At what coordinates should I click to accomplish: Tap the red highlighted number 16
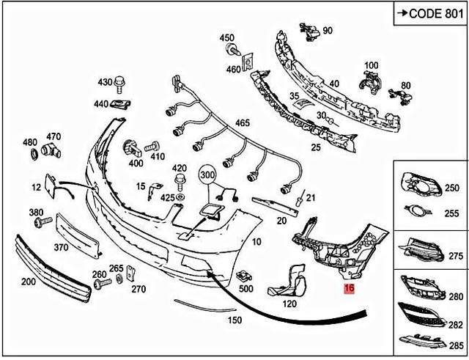click(x=350, y=290)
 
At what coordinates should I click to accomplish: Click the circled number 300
click(x=208, y=176)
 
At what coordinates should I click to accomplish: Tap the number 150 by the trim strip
click(x=234, y=320)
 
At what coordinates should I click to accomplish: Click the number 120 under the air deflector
click(x=289, y=304)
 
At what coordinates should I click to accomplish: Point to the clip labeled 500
click(x=243, y=276)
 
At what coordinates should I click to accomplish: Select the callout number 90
click(x=327, y=30)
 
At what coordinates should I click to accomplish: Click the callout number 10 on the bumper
click(x=256, y=241)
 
